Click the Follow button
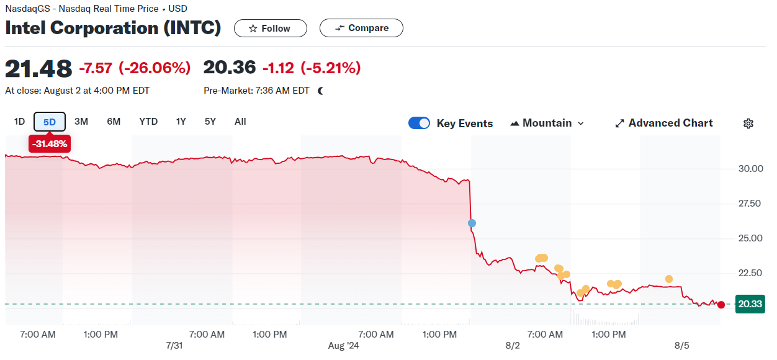tap(270, 29)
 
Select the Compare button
tap(361, 28)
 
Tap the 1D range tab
tap(19, 122)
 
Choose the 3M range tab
tap(81, 122)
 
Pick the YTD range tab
tap(148, 122)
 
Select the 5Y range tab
tap(210, 122)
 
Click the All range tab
tap(240, 122)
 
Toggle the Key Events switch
tap(419, 123)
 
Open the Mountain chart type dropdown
tap(547, 123)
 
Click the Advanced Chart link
tap(664, 123)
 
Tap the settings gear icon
tap(748, 124)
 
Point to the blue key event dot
tap(472, 223)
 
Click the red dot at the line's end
tap(721, 304)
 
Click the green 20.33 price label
tap(750, 304)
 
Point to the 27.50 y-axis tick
tap(750, 203)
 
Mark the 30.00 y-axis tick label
tap(750, 168)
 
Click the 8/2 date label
tap(513, 345)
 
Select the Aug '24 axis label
tap(343, 345)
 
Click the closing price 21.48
tap(38, 68)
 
